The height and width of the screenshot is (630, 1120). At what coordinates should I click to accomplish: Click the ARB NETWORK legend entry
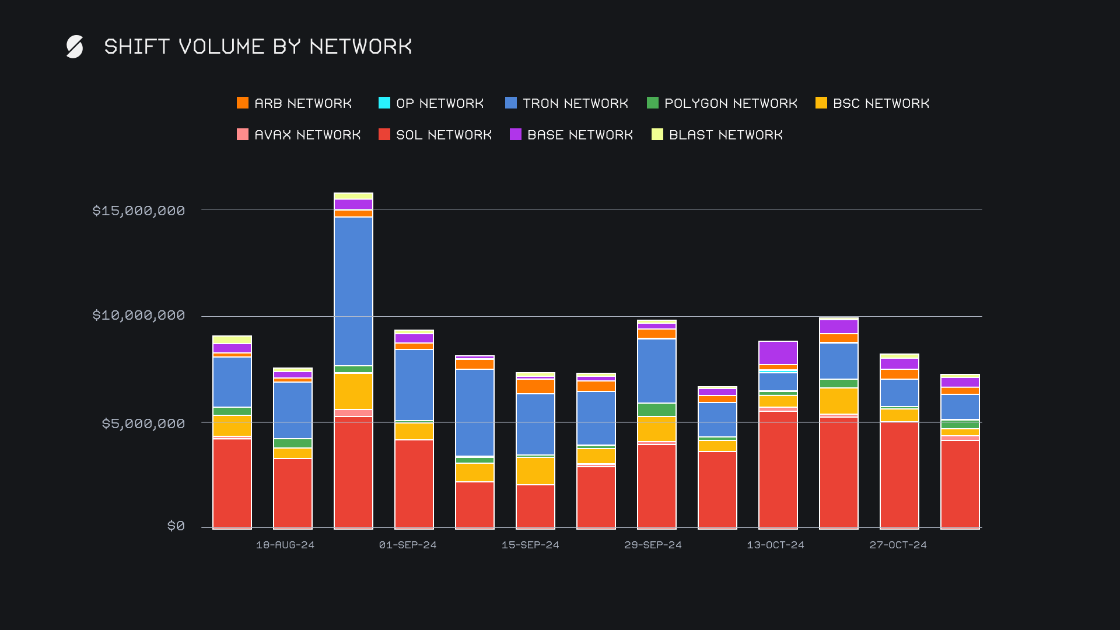coord(294,103)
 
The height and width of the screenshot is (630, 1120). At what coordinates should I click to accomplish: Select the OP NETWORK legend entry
coord(431,103)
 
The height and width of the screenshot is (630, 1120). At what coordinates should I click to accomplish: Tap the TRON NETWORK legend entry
coord(566,103)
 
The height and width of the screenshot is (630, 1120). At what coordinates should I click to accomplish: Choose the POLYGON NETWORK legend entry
coord(722,103)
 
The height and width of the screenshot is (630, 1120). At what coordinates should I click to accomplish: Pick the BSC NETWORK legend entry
coord(872,103)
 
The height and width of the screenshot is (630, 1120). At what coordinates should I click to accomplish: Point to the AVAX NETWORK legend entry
coord(299,135)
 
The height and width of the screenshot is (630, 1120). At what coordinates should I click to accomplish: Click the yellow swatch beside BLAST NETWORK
coord(657,135)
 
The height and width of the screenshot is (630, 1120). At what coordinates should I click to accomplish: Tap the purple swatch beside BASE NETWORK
coord(516,135)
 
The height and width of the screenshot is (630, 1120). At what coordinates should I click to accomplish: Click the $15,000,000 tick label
coord(138,211)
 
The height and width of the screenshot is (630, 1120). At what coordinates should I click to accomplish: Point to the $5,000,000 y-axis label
coord(143,423)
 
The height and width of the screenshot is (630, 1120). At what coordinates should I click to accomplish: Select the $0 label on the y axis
coord(176,526)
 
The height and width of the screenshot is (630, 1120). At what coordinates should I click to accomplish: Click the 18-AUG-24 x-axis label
coord(285,545)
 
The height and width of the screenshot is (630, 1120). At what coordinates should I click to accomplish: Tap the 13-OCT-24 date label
coord(775,545)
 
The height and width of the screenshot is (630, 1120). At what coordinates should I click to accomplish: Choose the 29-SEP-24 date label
coord(653,545)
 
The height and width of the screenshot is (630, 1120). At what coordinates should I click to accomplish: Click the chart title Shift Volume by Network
coord(258,47)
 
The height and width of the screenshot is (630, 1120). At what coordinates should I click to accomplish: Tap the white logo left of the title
coord(75,47)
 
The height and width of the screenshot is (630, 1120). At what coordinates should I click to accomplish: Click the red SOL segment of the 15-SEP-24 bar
coord(535,506)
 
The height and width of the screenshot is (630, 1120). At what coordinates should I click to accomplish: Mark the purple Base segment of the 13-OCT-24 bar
coord(778,353)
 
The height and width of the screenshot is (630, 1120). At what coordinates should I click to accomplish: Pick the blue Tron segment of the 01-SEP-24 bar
coord(414,384)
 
